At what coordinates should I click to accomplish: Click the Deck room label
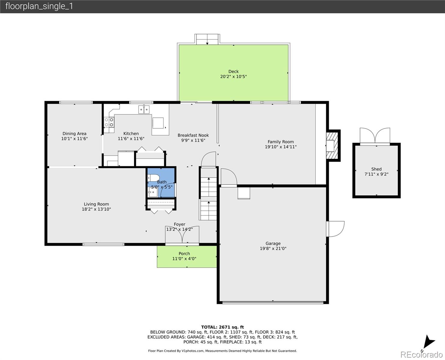(x=233, y=71)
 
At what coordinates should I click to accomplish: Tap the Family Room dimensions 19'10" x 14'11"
(x=281, y=147)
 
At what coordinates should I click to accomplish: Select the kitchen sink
(x=144, y=109)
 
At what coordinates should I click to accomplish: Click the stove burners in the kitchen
(x=109, y=122)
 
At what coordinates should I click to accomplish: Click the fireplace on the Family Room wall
(x=332, y=145)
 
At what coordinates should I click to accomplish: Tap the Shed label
(x=376, y=169)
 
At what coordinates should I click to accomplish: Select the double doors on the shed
(x=375, y=136)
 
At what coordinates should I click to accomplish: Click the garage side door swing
(x=335, y=229)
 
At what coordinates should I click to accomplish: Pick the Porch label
(x=184, y=254)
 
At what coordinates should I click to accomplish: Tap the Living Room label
(x=96, y=204)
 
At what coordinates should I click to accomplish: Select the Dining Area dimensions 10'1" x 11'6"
(x=74, y=139)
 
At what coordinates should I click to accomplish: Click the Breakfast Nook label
(x=193, y=135)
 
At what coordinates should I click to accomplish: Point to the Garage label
(x=273, y=243)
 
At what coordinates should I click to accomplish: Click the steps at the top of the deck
(x=207, y=39)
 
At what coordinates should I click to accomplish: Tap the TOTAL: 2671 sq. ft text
(x=222, y=327)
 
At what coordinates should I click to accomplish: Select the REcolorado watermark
(x=422, y=355)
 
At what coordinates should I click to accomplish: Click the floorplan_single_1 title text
(x=39, y=6)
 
